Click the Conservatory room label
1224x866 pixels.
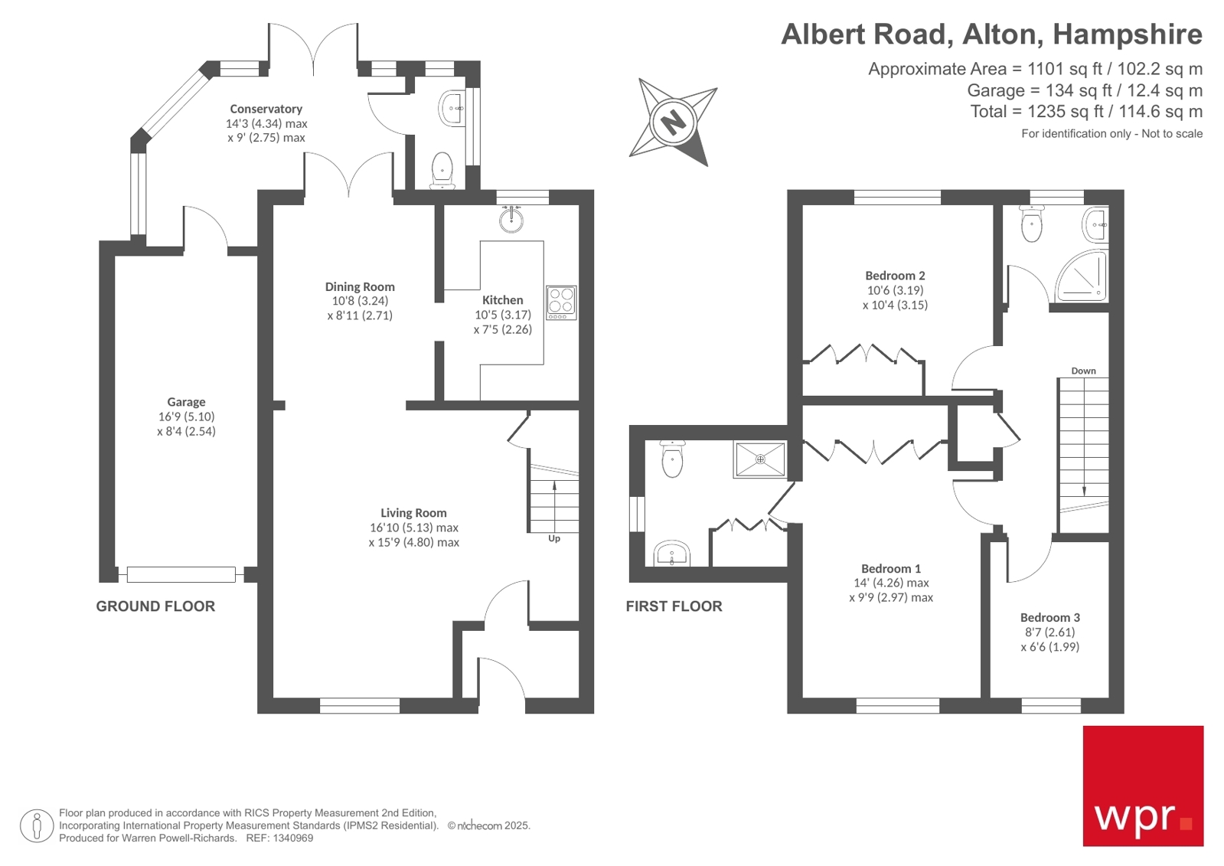(266, 109)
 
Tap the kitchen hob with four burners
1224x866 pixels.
(561, 302)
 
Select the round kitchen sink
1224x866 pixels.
(511, 221)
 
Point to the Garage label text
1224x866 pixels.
(186, 402)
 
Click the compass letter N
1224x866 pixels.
(673, 122)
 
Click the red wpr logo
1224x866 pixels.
(1142, 786)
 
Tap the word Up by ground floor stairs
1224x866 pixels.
(554, 539)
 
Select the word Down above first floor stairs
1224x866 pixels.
(1083, 371)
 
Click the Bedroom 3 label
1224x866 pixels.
(1049, 618)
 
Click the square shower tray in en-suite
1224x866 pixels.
(760, 459)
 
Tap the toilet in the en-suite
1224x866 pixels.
(672, 459)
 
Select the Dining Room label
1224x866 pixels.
(360, 287)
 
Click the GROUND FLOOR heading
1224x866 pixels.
(155, 606)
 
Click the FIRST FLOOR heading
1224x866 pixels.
(674, 606)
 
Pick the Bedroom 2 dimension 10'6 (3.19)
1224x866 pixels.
(895, 290)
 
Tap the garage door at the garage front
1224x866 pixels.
(181, 574)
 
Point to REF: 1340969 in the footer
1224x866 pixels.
(279, 838)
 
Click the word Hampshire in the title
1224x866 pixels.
(1127, 34)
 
